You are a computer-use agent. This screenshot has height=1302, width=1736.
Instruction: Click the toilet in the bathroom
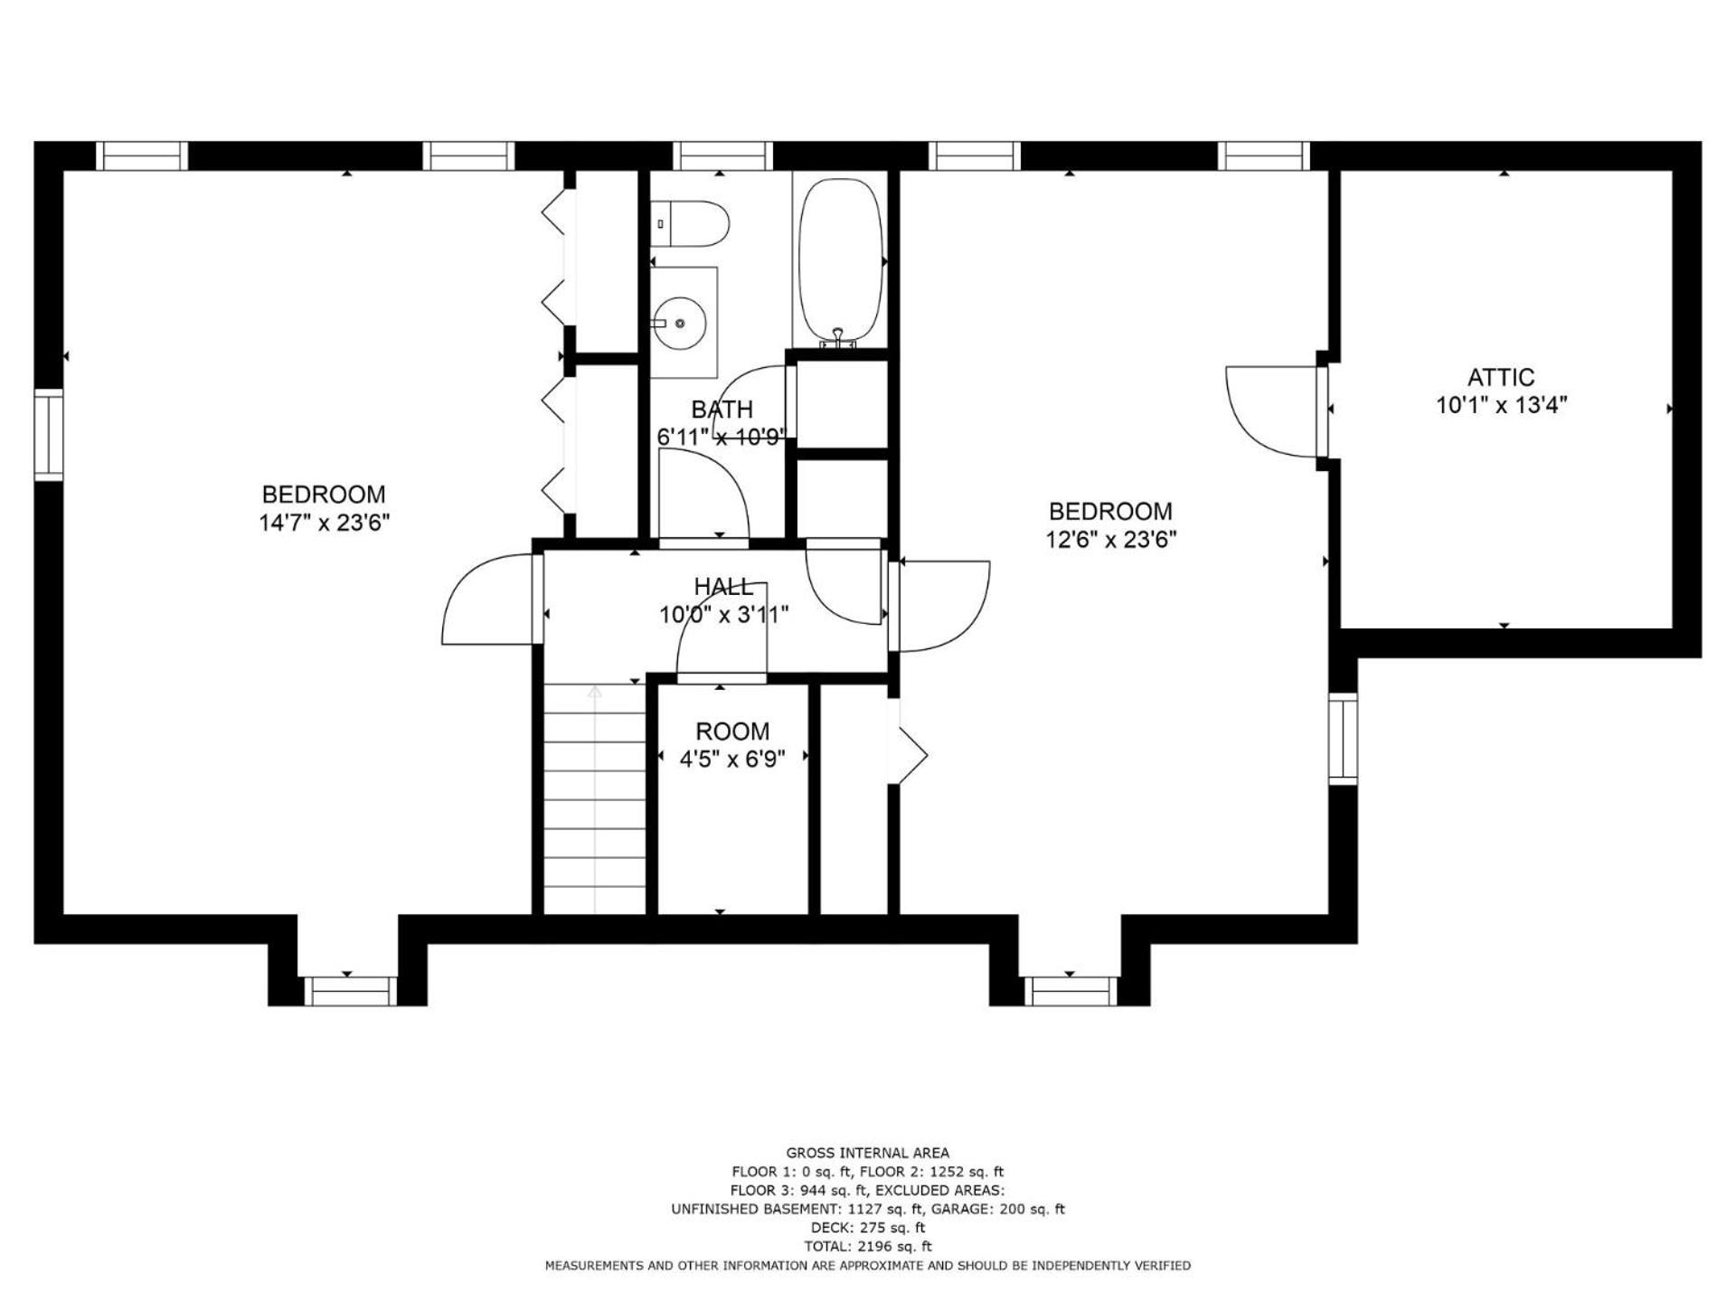pyautogui.click(x=689, y=224)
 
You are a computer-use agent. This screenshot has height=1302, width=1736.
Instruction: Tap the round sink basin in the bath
pyautogui.click(x=680, y=323)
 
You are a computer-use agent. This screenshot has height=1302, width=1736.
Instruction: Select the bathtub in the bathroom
pyautogui.click(x=841, y=262)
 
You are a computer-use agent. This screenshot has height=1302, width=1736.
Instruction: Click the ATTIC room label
pyautogui.click(x=1501, y=377)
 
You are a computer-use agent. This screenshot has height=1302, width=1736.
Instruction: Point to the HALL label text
pyautogui.click(x=723, y=587)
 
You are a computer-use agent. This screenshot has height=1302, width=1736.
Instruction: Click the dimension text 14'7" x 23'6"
pyautogui.click(x=324, y=524)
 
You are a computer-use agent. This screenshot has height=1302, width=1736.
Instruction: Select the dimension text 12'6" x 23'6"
pyautogui.click(x=1111, y=540)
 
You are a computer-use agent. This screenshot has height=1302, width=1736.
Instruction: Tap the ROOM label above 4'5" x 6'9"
pyautogui.click(x=732, y=731)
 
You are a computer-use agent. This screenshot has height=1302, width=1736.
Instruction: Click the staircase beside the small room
pyautogui.click(x=595, y=799)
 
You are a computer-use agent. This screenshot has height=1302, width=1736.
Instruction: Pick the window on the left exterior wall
pyautogui.click(x=49, y=435)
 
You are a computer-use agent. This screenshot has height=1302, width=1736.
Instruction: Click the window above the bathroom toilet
pyautogui.click(x=723, y=156)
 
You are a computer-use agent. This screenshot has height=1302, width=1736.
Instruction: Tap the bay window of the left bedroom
pyautogui.click(x=349, y=991)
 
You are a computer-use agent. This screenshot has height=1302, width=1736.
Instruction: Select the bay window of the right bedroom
pyautogui.click(x=1071, y=991)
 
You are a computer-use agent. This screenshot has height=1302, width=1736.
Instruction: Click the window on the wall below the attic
pyautogui.click(x=1343, y=738)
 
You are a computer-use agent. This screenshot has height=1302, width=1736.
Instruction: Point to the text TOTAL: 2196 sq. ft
pyautogui.click(x=868, y=1246)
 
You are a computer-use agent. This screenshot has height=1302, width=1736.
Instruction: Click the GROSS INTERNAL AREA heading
pyautogui.click(x=868, y=1153)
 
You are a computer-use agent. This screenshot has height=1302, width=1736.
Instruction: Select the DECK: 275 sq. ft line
pyautogui.click(x=868, y=1228)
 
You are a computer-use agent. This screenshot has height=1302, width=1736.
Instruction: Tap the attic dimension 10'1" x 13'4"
pyautogui.click(x=1502, y=405)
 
